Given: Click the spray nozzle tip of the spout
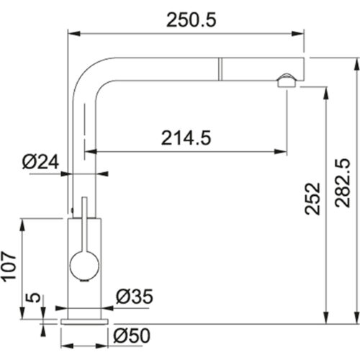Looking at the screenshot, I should pos(286,81).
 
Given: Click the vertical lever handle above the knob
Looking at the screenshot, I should pos(84,223).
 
